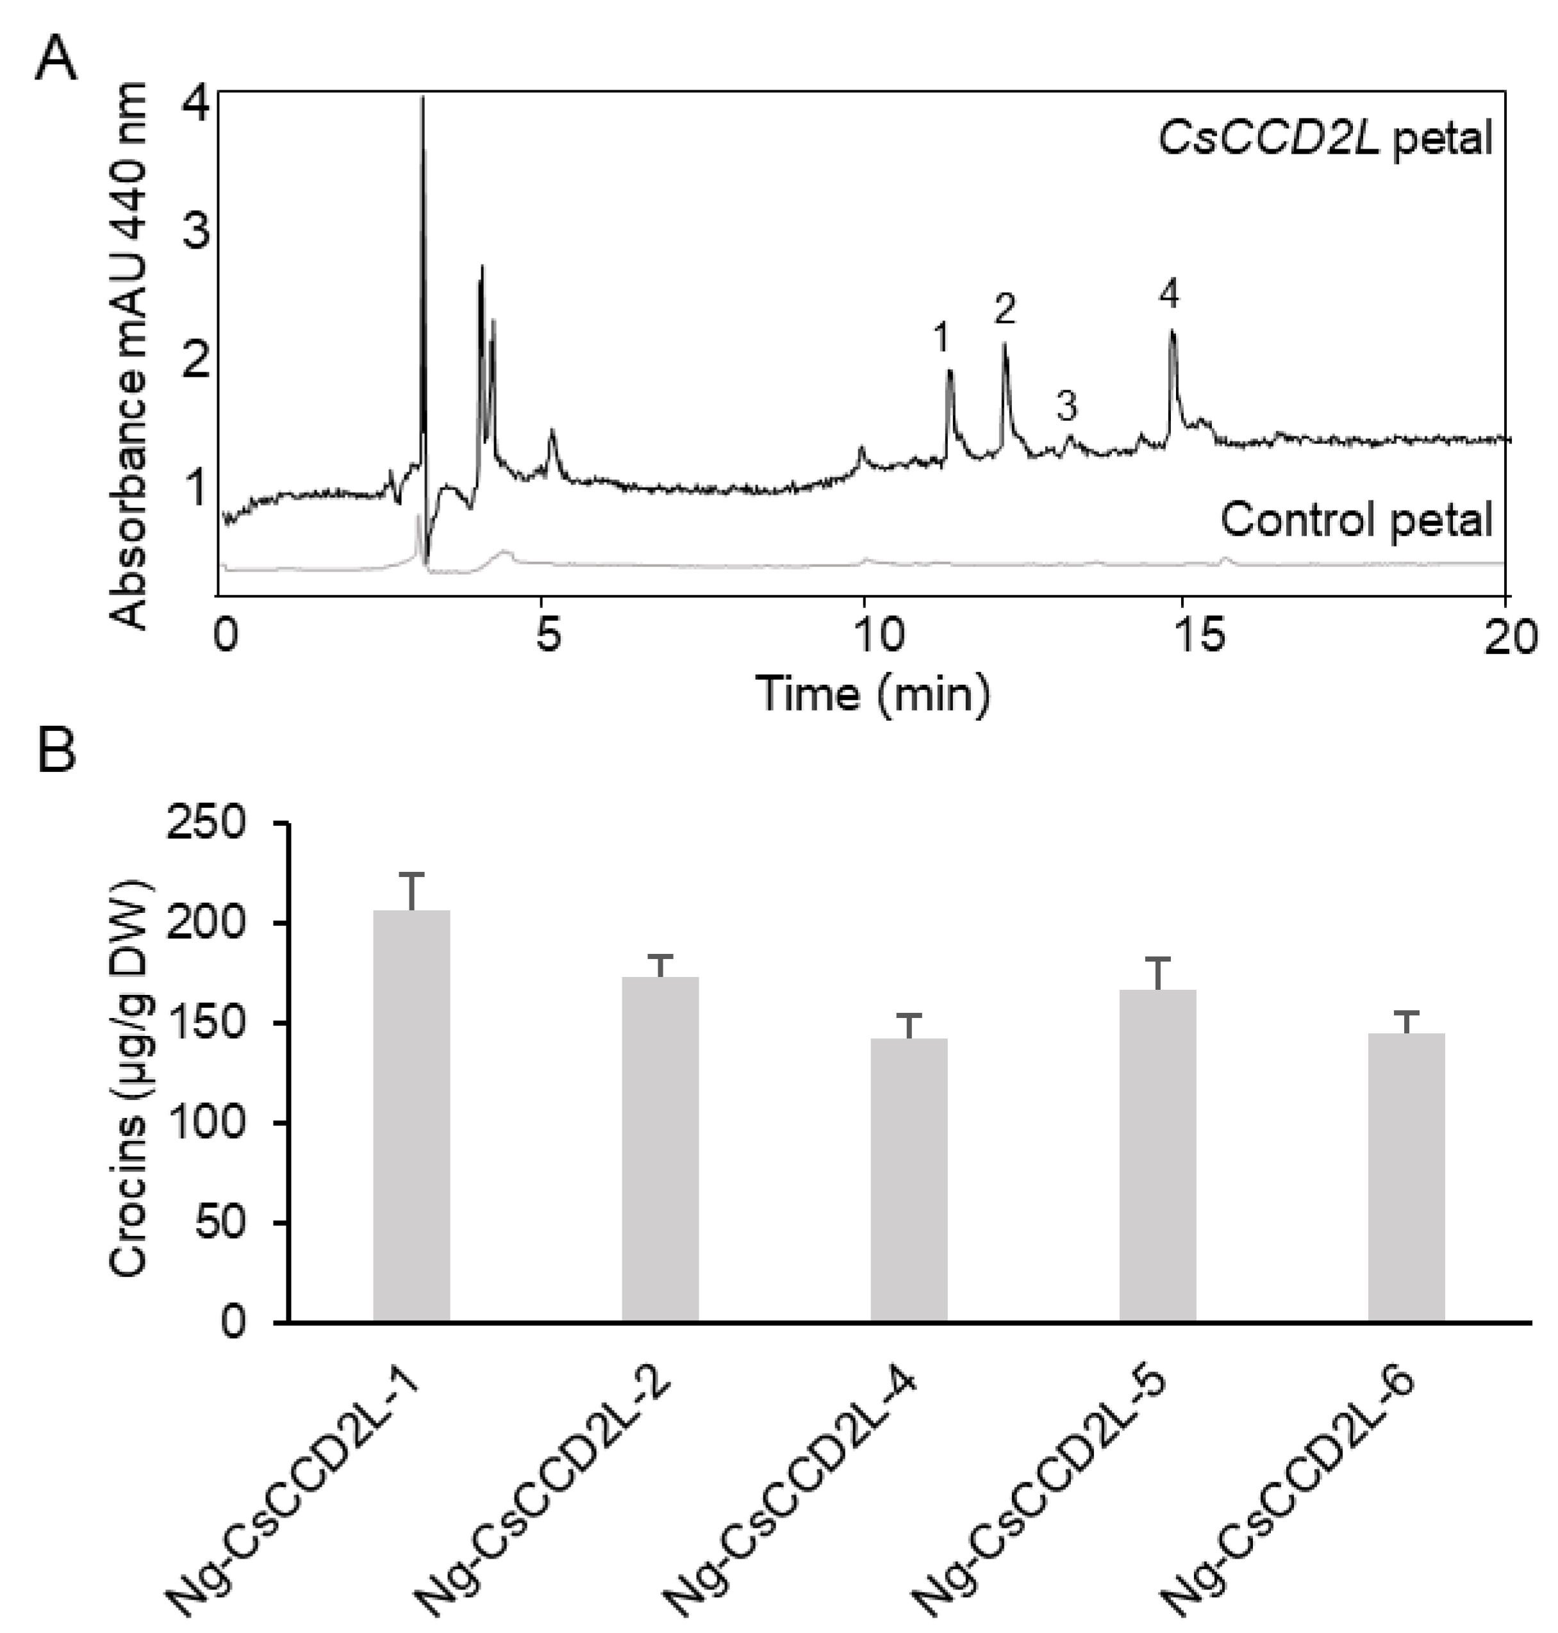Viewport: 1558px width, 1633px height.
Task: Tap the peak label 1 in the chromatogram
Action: (x=940, y=338)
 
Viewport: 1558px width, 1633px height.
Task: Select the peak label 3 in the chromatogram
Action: (x=1067, y=407)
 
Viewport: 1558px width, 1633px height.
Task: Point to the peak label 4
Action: (x=1170, y=294)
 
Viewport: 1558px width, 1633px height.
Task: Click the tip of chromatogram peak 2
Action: (x=1004, y=343)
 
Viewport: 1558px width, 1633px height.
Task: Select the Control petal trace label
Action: (x=1356, y=521)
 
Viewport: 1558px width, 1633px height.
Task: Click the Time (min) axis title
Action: (x=873, y=693)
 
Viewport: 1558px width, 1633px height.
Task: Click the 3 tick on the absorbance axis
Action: (x=196, y=233)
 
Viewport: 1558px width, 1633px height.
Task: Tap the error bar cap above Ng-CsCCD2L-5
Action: (x=1157, y=959)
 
